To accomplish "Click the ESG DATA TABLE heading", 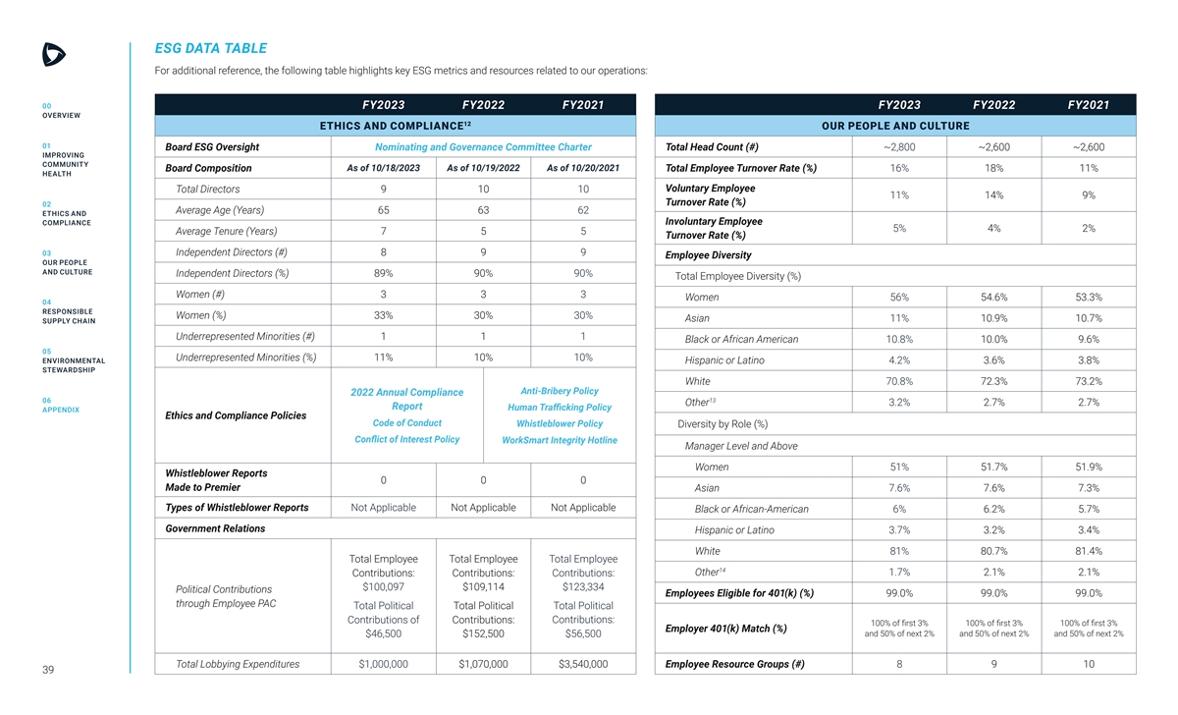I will (x=210, y=48).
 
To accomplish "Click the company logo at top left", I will (x=54, y=55).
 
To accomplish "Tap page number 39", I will (x=48, y=670).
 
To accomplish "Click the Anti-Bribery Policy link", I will (x=559, y=391).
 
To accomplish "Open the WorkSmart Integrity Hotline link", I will (x=559, y=440).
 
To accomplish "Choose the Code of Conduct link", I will (x=406, y=423).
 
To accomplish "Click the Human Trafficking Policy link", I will (x=559, y=408).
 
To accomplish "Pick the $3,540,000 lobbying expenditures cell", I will (x=583, y=665).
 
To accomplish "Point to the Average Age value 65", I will (x=384, y=210).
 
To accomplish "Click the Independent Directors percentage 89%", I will (x=384, y=273).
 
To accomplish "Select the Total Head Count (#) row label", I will (x=712, y=147).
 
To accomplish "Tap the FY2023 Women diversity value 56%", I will (x=898, y=297).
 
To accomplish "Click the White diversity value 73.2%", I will (x=1088, y=381).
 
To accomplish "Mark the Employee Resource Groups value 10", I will (x=1088, y=665).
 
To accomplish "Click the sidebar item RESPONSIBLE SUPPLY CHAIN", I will (x=68, y=316).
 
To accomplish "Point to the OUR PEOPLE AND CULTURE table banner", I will (x=894, y=126).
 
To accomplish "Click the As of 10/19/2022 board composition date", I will (x=483, y=167).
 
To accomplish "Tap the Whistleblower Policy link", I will (x=559, y=424).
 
